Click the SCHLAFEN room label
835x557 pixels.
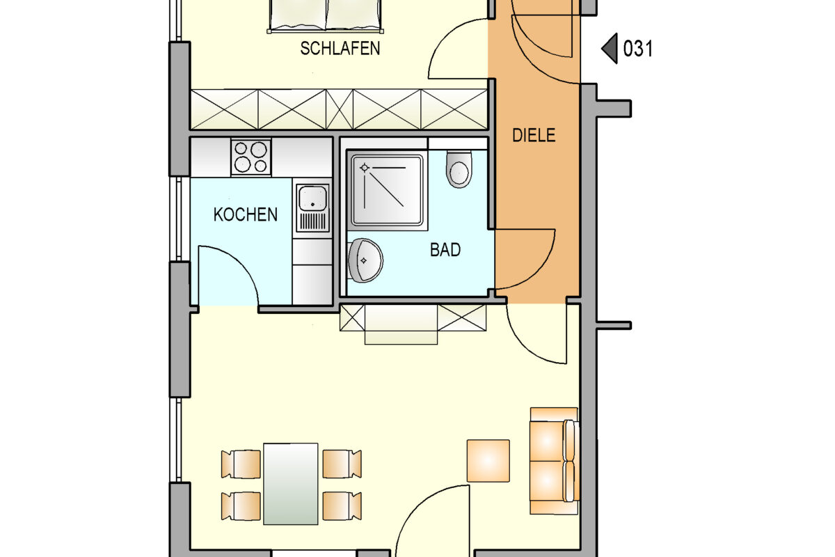click(x=340, y=49)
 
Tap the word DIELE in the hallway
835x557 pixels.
click(x=534, y=135)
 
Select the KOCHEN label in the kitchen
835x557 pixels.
click(x=245, y=214)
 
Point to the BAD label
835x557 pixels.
click(x=445, y=249)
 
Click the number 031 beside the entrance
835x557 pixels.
click(x=638, y=49)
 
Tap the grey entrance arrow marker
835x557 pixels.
click(x=610, y=49)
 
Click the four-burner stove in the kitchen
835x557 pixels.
click(x=251, y=157)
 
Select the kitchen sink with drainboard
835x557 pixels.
click(x=312, y=208)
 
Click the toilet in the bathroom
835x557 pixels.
click(x=459, y=169)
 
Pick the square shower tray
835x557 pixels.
click(x=388, y=190)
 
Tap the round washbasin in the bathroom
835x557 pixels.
click(x=365, y=260)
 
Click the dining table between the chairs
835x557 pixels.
click(x=290, y=484)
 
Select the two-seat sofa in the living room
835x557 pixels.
click(x=555, y=461)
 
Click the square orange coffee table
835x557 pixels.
click(x=488, y=461)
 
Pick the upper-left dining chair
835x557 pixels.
click(x=241, y=464)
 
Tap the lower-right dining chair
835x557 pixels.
click(x=342, y=506)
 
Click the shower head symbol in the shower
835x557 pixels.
click(x=364, y=168)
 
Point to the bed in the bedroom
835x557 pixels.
click(x=326, y=15)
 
